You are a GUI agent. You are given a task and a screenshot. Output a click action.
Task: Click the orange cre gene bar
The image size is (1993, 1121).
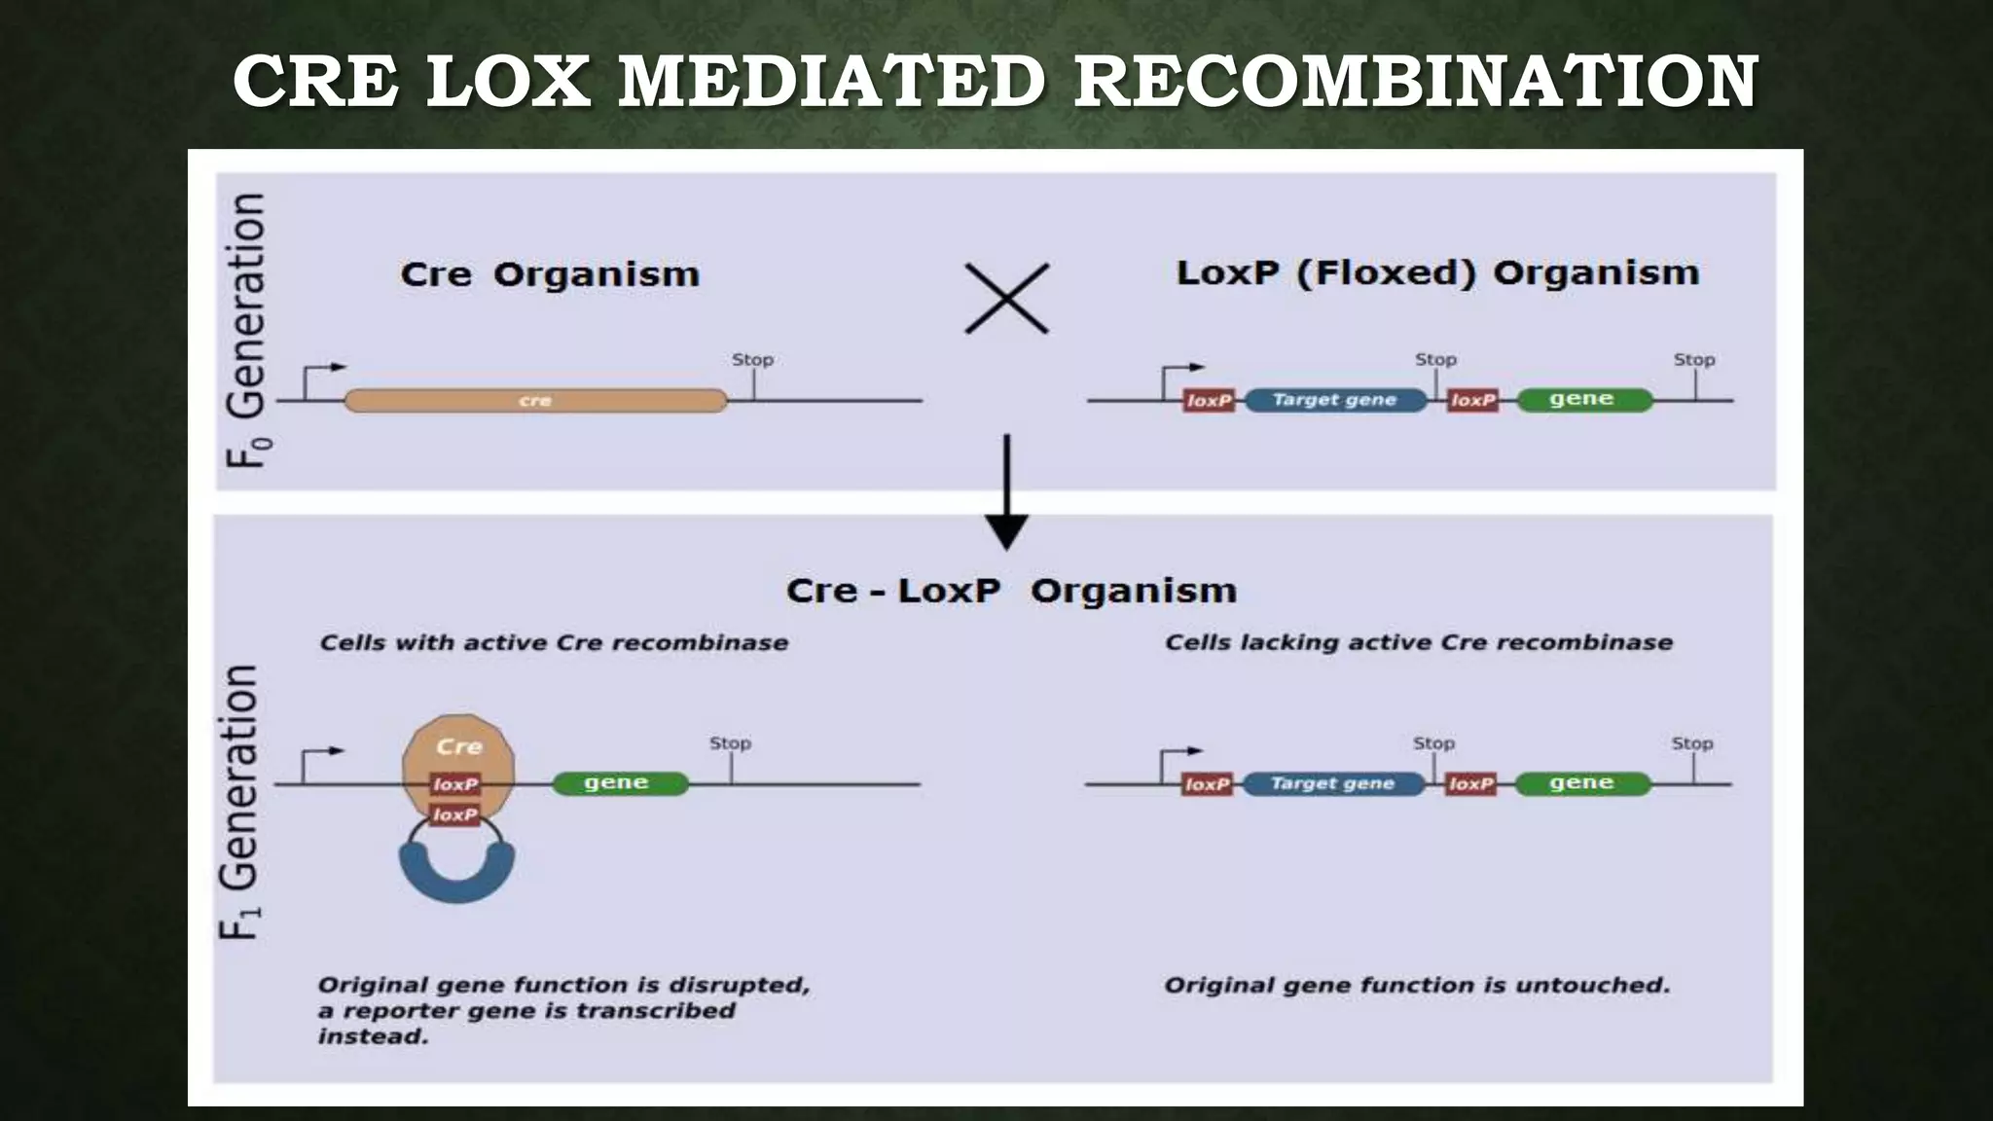535,400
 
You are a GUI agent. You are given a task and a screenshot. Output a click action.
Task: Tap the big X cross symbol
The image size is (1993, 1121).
1006,299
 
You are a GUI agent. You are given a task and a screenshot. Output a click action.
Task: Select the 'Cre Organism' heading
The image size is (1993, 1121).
550,274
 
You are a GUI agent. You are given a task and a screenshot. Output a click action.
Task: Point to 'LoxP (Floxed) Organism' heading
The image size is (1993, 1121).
1437,272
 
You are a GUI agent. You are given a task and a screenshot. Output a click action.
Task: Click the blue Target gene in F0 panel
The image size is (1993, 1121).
1334,400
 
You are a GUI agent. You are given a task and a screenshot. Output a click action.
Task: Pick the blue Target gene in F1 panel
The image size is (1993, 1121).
1332,783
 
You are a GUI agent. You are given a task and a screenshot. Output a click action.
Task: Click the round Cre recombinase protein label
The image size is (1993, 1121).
458,746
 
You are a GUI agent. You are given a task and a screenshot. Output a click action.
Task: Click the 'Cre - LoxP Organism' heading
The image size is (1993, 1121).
1011,591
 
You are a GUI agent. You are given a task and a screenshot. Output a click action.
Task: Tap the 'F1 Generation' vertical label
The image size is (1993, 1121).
239,802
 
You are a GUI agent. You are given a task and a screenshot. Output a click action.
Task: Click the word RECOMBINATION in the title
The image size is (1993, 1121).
1416,82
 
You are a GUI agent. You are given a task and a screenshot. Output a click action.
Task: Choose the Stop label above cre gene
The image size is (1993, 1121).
752,360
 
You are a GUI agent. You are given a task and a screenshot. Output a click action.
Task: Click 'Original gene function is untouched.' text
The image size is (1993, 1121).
1417,986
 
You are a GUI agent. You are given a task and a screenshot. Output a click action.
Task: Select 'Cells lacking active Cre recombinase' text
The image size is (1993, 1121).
1419,642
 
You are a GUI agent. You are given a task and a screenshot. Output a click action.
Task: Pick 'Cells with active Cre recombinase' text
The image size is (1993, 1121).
554,642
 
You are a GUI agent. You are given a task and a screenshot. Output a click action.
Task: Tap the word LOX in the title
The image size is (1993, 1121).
508,82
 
